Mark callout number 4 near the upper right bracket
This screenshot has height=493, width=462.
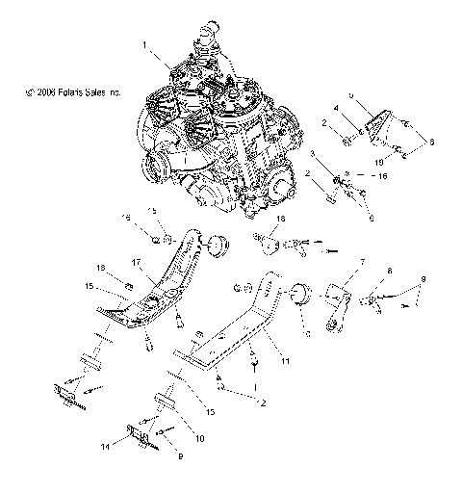(x=336, y=107)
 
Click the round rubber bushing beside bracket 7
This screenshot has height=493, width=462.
(x=298, y=295)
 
